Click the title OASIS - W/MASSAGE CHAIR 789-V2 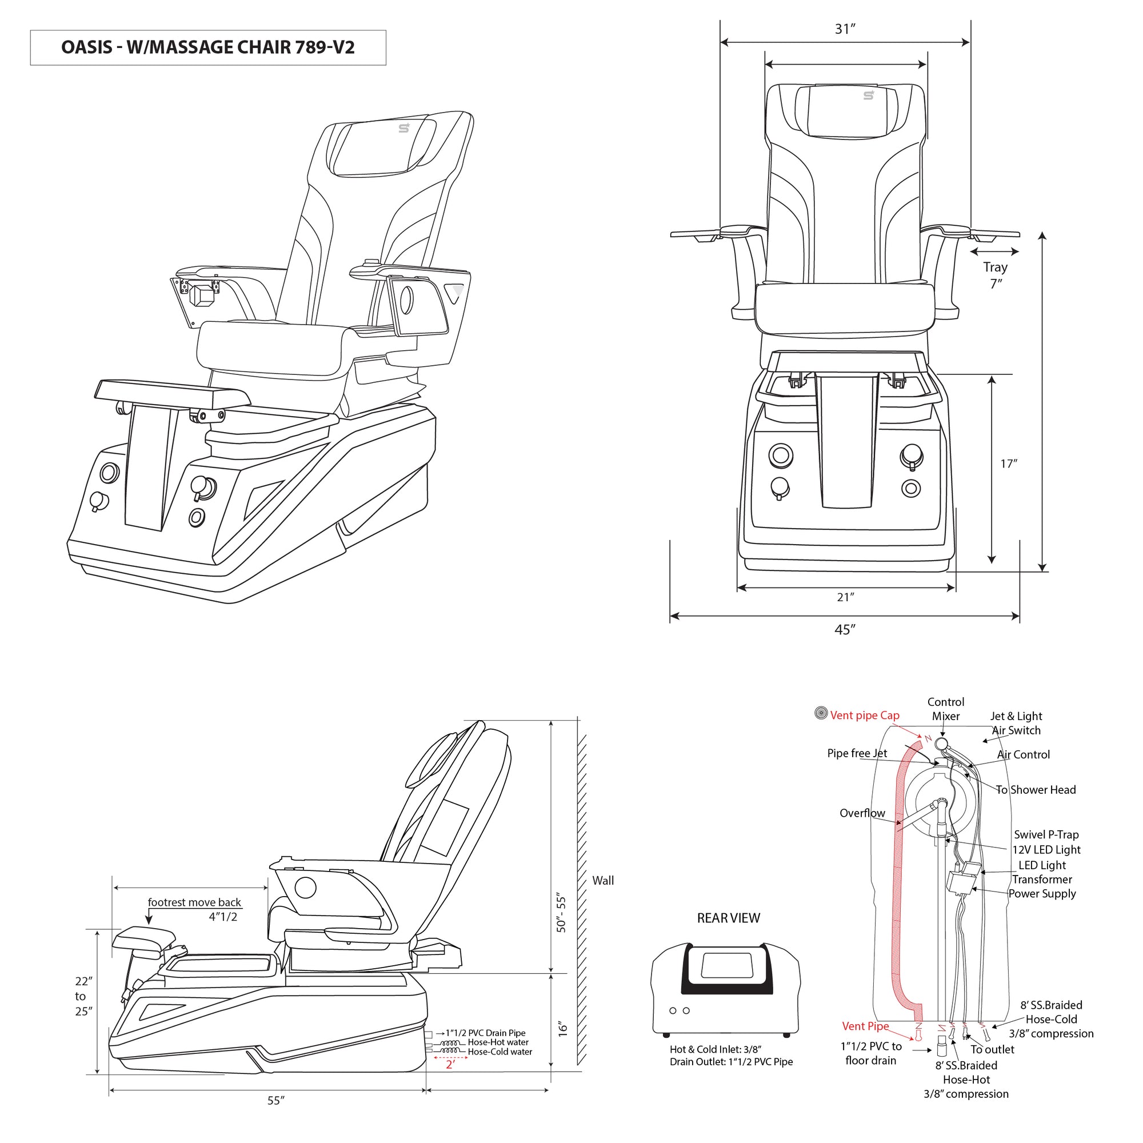[207, 47]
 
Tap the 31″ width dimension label [845, 29]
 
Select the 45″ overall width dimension [845, 629]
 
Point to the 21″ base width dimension [845, 598]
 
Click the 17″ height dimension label [1009, 464]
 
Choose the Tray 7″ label [996, 275]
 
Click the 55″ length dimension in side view [275, 1100]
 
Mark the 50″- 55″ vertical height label [561, 914]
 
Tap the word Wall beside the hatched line [603, 880]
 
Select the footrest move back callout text [194, 902]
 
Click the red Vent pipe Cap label [864, 716]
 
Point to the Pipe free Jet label [857, 753]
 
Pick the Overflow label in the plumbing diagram [862, 813]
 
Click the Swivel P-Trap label [1046, 834]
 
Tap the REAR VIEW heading [728, 918]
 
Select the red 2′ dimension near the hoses [450, 1064]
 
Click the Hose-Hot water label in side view [498, 1042]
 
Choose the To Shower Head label [1036, 789]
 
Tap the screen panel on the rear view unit [726, 965]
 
